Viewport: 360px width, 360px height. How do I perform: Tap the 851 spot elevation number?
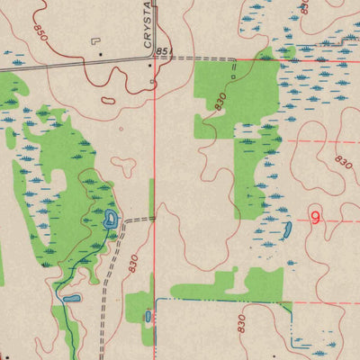tap(163, 52)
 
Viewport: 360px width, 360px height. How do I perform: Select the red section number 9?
tap(315, 217)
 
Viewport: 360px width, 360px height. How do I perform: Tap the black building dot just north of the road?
tap(101, 54)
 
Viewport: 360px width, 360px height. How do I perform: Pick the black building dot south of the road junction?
tap(151, 90)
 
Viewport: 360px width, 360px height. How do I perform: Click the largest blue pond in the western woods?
tap(111, 218)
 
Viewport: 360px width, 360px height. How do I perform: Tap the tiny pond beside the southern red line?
tap(148, 316)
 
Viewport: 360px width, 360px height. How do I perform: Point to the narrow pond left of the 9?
tap(286, 230)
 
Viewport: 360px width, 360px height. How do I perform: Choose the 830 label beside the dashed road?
tap(133, 264)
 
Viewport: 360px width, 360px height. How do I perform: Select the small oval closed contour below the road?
tap(110, 100)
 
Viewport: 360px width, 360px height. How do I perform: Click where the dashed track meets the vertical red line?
tap(154, 218)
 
